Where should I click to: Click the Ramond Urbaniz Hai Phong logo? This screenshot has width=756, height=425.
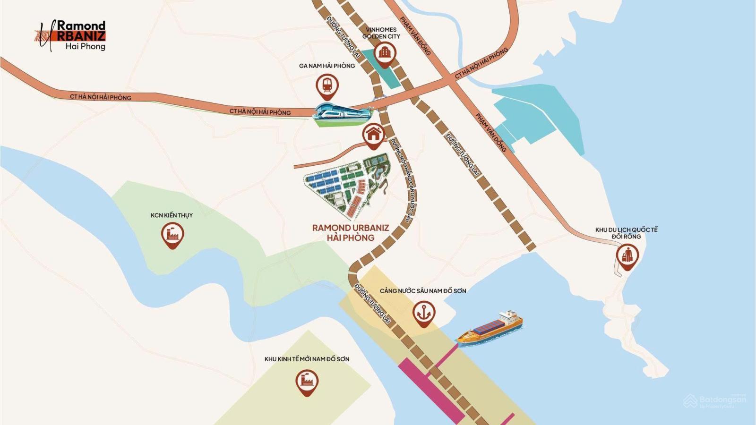(71, 35)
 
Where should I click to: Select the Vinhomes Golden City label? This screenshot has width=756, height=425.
(381, 33)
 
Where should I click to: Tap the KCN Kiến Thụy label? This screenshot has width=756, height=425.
(172, 215)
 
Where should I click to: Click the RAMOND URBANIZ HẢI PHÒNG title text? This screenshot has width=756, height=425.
(351, 232)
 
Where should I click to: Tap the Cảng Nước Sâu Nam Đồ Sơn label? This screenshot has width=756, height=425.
(423, 291)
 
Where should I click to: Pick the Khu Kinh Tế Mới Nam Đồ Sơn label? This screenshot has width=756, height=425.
(307, 359)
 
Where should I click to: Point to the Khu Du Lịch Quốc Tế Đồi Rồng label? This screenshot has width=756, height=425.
(626, 233)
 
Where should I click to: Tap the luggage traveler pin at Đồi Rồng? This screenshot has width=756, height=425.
(627, 255)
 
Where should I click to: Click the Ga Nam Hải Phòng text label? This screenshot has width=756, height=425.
(326, 66)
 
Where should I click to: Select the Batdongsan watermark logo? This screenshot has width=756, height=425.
(715, 401)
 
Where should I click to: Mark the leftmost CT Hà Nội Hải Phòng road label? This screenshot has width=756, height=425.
(101, 97)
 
